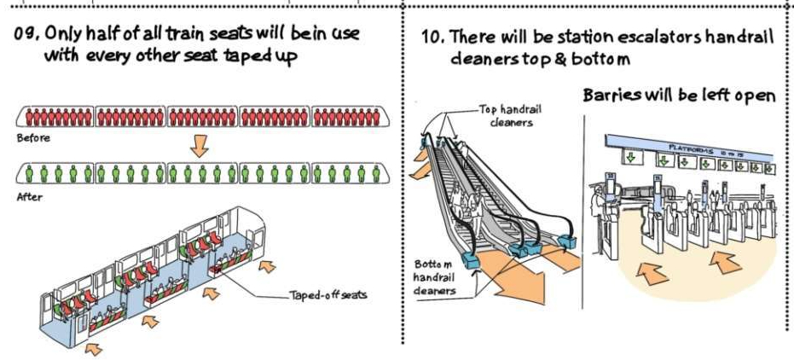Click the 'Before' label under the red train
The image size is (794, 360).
pos(33,137)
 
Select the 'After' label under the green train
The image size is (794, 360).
pos(29,197)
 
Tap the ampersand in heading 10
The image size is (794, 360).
pos(560,59)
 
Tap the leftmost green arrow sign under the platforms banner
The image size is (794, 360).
pos(630,158)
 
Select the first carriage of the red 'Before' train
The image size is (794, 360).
pos(55,117)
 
